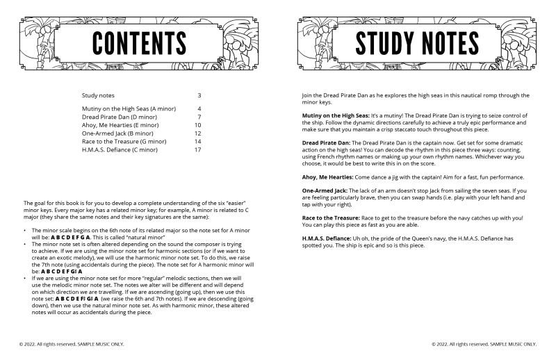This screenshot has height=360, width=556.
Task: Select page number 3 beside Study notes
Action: click(199, 95)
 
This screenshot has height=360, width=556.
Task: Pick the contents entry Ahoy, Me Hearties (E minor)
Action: click(120, 125)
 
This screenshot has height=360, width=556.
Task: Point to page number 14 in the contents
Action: click(198, 141)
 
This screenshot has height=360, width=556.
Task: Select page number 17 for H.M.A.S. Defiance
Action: click(198, 149)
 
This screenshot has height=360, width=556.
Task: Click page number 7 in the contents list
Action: click(199, 117)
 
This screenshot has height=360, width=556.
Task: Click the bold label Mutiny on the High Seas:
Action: click(327, 114)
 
